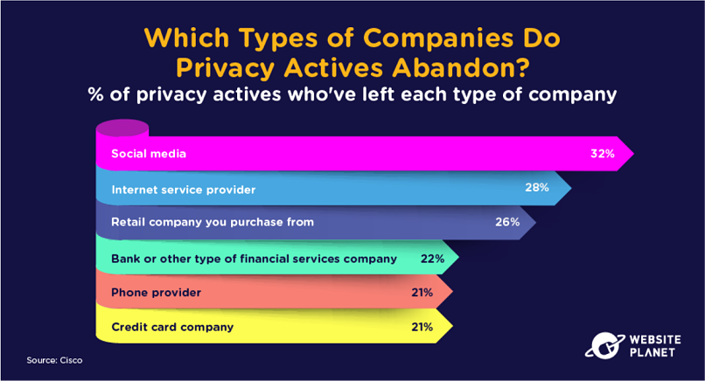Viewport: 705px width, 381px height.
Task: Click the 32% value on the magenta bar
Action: point(603,154)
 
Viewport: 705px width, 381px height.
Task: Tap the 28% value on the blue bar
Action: point(537,187)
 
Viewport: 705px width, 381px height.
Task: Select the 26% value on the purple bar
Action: point(507,222)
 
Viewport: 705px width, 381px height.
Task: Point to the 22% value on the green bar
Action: point(432,259)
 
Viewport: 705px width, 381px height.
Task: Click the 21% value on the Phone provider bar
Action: point(422,293)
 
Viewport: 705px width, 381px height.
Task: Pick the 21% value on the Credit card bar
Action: point(422,327)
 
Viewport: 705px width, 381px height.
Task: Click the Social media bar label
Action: point(149,154)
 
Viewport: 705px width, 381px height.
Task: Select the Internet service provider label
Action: point(184,190)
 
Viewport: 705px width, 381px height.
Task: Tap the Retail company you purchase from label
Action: point(213,222)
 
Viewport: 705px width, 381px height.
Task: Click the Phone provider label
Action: point(156,293)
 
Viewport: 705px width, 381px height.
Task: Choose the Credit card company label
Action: point(172,327)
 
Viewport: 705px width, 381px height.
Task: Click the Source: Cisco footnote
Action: point(54,360)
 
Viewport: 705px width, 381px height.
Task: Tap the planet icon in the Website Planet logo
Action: point(604,345)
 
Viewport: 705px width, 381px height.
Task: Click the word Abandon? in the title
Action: point(460,68)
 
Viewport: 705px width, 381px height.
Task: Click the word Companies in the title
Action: point(438,38)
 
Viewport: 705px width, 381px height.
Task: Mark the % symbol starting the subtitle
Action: point(95,94)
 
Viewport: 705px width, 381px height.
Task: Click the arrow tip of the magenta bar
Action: point(633,154)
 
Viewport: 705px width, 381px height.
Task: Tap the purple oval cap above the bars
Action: point(122,128)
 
